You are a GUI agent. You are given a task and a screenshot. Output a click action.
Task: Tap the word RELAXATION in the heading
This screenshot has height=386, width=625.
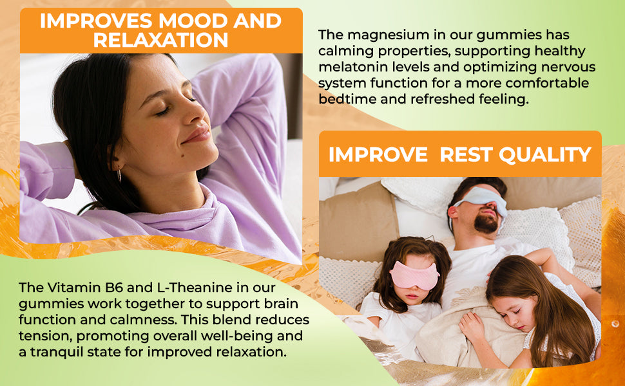pos(160,40)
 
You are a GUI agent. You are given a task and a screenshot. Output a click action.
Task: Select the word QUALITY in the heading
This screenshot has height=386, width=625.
pos(545,154)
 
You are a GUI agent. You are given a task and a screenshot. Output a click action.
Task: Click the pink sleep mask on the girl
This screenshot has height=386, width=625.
pos(414,274)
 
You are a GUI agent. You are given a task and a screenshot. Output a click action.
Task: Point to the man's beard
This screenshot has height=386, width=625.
pos(486,223)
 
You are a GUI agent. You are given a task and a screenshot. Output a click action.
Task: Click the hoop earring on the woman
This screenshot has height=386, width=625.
pos(119,175)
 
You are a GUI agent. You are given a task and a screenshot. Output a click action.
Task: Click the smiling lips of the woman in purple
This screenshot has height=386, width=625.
pos(197,134)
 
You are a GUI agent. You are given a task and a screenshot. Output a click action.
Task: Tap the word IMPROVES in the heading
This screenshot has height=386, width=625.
pos(96,21)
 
